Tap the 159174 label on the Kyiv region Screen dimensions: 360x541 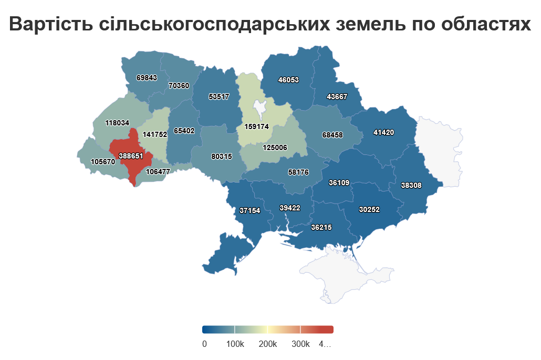pos(256,126)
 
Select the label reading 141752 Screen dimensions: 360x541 pos(154,134)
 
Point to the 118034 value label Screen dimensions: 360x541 pos(117,123)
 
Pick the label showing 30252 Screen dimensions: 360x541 pos(369,209)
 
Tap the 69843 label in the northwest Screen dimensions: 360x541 pos(147,77)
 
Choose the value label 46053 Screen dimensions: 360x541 pos(288,80)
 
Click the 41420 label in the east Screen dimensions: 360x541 pos(383,132)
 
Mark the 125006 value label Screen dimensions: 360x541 pos(275,147)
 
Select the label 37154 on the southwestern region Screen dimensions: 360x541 pos(250,210)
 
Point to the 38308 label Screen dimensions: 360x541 pos(411,185)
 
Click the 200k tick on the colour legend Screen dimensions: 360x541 pos(268,344)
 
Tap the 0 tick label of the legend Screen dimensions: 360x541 pos(204,344)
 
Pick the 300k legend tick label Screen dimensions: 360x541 pos(300,344)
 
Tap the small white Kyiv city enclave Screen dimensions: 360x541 pos(259,108)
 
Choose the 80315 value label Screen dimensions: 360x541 pos(222,156)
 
